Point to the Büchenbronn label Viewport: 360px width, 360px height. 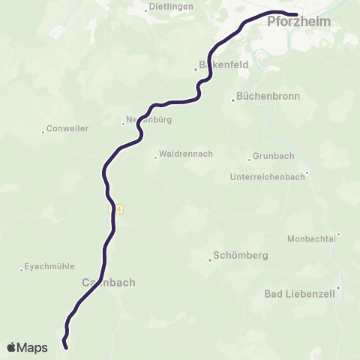(268, 96)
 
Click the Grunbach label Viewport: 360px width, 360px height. (274, 156)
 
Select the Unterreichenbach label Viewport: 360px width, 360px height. (268, 178)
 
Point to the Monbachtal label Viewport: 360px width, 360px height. (310, 238)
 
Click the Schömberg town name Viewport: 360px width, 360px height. (241, 255)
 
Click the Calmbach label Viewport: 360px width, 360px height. (106, 283)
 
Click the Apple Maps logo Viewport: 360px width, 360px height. (27, 347)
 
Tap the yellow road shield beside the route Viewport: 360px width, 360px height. (114, 208)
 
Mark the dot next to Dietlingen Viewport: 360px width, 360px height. (146, 10)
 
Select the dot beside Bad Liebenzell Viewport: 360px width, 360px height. (338, 287)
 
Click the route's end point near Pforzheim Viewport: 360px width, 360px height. (296, 14)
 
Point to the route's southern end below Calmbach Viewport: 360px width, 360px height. (66, 347)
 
